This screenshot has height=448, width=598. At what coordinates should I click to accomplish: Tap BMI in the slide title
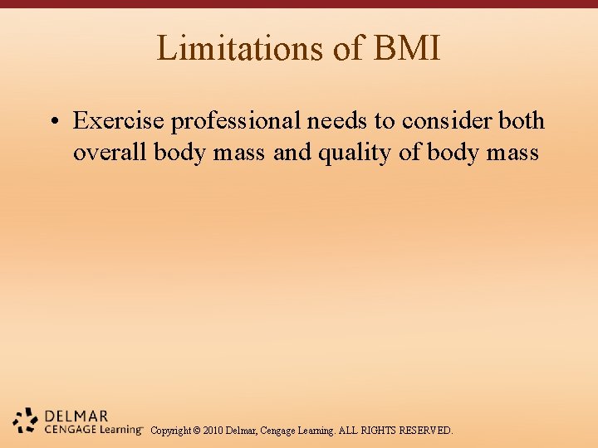407,48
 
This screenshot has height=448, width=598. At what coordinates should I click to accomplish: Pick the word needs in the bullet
338,121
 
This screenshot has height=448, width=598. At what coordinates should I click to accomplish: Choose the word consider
448,121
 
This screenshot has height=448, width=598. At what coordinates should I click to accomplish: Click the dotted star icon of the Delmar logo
26,421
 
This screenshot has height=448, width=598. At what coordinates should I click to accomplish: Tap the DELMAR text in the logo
76,416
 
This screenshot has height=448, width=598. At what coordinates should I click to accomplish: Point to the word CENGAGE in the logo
70,429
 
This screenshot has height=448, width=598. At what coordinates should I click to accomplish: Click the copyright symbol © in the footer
197,431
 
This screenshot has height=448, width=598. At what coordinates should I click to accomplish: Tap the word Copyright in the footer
170,431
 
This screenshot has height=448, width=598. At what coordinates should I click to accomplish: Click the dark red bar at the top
299,4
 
